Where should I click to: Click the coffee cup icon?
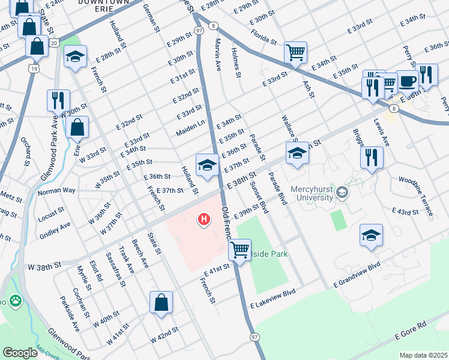(408, 81)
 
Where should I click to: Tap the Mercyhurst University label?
(312, 193)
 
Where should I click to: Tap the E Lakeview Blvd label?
(274, 293)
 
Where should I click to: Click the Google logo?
(20, 353)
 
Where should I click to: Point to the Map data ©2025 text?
(423, 355)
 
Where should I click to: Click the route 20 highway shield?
(54, 43)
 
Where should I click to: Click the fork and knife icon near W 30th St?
(58, 100)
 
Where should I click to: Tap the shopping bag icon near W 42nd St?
(161, 302)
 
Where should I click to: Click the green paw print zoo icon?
(14, 301)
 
